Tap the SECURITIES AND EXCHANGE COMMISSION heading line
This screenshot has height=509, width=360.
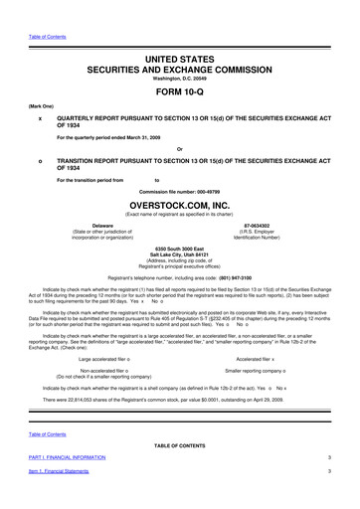180,46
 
